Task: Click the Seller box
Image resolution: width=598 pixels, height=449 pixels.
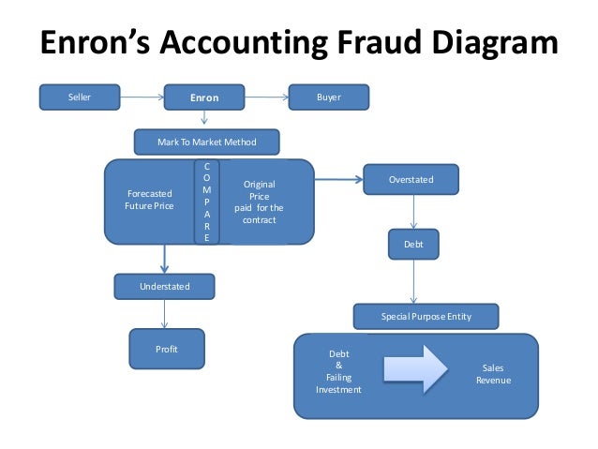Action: [80, 96]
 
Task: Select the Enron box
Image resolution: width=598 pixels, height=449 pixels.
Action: [204, 97]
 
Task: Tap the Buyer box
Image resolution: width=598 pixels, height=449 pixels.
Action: [329, 96]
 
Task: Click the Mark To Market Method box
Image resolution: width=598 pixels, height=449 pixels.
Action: [207, 142]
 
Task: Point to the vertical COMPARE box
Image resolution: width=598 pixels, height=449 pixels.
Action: [207, 202]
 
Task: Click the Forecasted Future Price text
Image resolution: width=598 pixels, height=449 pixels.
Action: [149, 200]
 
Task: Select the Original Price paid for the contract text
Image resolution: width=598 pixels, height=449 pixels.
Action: [259, 202]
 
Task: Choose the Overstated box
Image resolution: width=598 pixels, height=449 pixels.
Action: [411, 179]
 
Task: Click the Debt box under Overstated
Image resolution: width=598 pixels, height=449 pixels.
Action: [413, 245]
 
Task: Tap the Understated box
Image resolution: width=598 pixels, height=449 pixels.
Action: [165, 285]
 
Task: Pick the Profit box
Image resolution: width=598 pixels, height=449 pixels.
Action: [166, 349]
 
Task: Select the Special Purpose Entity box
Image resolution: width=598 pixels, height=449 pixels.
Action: [426, 317]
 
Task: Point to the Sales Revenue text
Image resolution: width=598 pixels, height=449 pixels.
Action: [492, 375]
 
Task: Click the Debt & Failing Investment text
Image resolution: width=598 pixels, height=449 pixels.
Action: [338, 371]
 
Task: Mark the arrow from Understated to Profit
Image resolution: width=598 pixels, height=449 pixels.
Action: [165, 313]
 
